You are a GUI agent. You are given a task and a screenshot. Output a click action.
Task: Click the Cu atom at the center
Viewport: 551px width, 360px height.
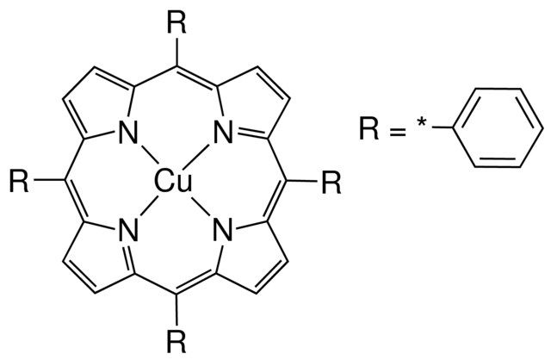[x=173, y=182]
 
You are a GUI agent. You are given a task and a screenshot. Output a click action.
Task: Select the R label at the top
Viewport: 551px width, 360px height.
[x=176, y=23]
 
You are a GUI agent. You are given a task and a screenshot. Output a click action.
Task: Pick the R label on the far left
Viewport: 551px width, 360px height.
[x=19, y=181]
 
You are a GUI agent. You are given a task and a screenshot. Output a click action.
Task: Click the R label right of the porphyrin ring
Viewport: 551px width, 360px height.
[x=331, y=183]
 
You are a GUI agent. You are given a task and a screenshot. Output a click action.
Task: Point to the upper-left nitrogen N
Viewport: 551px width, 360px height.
[x=128, y=132]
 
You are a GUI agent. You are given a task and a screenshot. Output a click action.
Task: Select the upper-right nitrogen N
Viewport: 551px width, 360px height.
[x=224, y=132]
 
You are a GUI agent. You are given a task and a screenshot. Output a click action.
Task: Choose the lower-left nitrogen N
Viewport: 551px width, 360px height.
[x=128, y=230]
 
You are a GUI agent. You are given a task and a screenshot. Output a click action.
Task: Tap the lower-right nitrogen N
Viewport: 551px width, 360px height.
[x=224, y=230]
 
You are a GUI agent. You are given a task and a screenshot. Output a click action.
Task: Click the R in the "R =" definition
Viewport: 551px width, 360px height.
[x=369, y=129]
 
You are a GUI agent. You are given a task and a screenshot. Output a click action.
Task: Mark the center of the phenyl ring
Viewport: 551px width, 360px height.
[x=498, y=127]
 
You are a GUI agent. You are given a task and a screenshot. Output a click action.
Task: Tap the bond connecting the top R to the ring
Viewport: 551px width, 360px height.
[x=176, y=52]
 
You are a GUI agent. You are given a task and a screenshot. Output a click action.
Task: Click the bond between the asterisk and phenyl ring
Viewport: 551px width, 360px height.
[x=443, y=127]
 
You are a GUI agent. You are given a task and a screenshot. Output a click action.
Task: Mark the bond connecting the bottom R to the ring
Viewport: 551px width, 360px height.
[x=176, y=310]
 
